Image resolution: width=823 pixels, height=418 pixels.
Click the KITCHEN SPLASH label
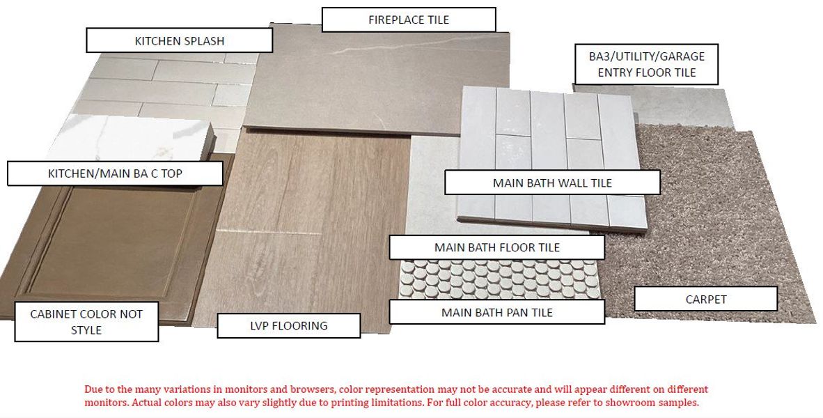point(180,40)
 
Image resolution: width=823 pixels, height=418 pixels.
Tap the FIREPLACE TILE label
point(408,20)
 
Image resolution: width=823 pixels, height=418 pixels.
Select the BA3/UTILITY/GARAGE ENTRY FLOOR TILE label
point(646,64)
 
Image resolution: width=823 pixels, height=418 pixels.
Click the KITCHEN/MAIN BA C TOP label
point(115,173)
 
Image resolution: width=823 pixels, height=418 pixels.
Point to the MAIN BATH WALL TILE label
point(552,183)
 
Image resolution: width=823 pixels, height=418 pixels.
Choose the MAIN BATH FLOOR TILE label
point(496,247)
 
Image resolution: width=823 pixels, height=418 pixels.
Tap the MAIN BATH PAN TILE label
point(496,312)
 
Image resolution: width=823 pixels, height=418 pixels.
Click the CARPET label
point(706,299)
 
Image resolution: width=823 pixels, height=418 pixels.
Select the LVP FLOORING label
point(289,325)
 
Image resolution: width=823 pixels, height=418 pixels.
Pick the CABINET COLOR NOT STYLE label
point(86,322)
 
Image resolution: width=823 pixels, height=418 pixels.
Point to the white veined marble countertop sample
point(131,139)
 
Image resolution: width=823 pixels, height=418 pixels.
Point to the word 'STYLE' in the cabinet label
point(86,330)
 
